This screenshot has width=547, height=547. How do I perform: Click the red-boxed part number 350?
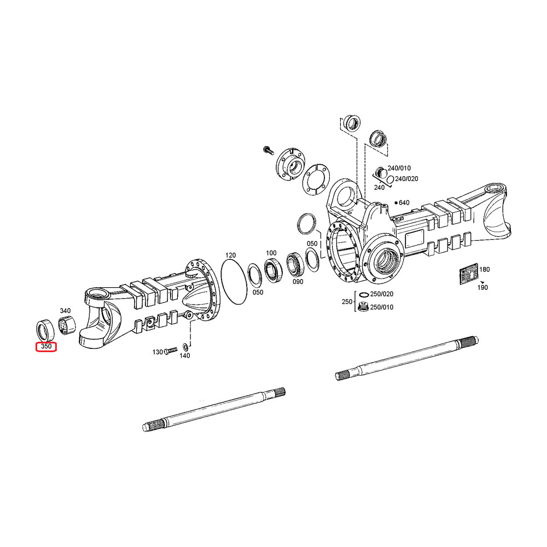point(46,346)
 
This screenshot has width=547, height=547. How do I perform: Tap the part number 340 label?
point(65,311)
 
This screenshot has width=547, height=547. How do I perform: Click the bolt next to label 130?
point(171,350)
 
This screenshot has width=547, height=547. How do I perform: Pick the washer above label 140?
point(185,347)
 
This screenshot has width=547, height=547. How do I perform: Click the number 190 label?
point(482,288)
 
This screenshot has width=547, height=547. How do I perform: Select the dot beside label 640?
point(396,203)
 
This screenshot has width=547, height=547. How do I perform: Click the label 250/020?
point(382,294)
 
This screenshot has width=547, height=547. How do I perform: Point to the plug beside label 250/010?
point(363,307)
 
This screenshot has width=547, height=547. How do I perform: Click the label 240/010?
point(399,168)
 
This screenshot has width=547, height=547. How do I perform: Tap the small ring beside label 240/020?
point(391,179)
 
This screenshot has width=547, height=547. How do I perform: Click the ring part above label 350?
point(45,329)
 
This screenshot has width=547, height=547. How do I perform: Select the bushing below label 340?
point(67,325)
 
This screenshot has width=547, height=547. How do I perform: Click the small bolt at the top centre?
point(268,150)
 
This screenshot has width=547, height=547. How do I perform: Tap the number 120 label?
point(231,255)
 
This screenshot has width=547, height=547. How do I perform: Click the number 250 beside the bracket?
point(347,301)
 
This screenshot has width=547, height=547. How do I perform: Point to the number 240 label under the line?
point(379,188)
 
